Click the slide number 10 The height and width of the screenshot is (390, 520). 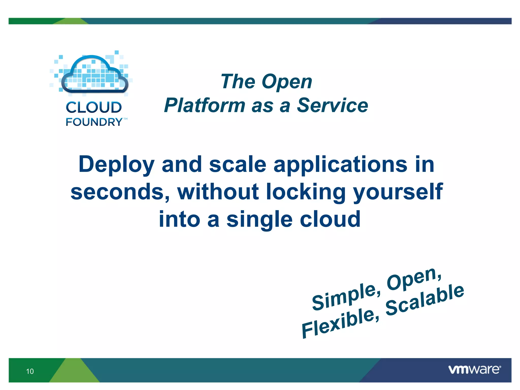coord(30,371)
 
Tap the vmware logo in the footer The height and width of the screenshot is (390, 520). coord(474,369)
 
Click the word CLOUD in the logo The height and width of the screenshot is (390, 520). coord(94,107)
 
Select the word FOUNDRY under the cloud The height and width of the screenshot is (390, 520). coord(94,122)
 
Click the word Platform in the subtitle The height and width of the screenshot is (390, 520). coord(205,105)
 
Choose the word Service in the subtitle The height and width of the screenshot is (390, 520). coord(332,105)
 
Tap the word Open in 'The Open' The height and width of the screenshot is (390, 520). coord(287,82)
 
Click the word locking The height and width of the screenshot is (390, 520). coord(306,192)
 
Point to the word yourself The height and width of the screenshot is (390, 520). coord(398,192)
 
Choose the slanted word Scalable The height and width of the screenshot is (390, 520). coord(425,300)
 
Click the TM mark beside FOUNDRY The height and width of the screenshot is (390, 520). coord(125,119)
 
